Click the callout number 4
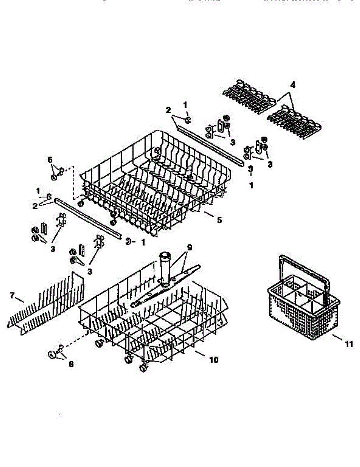click(x=292, y=85)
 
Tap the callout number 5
click(x=220, y=220)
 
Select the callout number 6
click(x=50, y=160)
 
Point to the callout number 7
click(x=12, y=296)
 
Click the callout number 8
click(x=71, y=364)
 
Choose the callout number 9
click(x=190, y=247)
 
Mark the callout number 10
click(x=214, y=360)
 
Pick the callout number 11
click(x=349, y=344)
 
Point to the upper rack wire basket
click(x=156, y=179)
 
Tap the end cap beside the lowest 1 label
click(x=127, y=242)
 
